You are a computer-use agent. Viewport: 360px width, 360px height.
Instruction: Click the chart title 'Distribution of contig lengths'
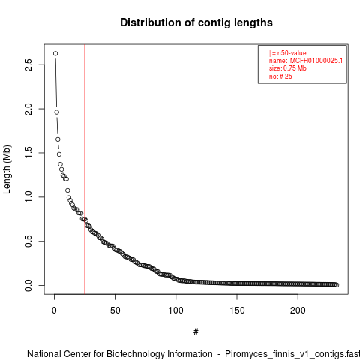(196, 22)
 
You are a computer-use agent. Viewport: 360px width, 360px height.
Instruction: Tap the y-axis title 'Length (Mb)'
(7, 169)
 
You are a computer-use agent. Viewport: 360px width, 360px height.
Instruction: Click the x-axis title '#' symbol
(196, 332)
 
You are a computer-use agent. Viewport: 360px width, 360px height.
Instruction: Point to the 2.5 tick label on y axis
(28, 64)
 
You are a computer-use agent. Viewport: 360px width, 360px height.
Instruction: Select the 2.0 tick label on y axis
(28, 109)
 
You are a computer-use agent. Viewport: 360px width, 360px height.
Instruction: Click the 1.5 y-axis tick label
(28, 153)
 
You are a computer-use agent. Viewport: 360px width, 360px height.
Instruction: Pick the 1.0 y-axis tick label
(28, 197)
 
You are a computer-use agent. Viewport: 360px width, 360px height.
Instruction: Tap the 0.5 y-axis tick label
(28, 241)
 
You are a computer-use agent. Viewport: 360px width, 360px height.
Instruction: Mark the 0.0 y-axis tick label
(28, 285)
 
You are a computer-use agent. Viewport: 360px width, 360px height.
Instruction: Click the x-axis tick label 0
(54, 310)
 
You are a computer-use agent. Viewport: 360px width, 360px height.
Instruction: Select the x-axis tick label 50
(115, 310)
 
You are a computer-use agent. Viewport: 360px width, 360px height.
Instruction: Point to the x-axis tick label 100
(176, 310)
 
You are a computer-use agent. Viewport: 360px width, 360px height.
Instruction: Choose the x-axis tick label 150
(237, 310)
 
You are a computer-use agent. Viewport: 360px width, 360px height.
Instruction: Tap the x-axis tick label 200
(298, 310)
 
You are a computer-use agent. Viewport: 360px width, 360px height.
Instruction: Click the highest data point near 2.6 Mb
(55, 53)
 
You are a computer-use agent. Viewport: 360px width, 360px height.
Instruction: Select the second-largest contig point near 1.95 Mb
(57, 112)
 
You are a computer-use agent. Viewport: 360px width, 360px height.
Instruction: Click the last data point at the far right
(337, 285)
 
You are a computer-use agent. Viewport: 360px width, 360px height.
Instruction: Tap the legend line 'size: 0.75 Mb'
(288, 68)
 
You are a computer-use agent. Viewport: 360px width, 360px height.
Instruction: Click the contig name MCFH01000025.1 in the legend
(316, 61)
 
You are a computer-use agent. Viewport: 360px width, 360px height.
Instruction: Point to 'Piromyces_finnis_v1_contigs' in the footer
(282, 354)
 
